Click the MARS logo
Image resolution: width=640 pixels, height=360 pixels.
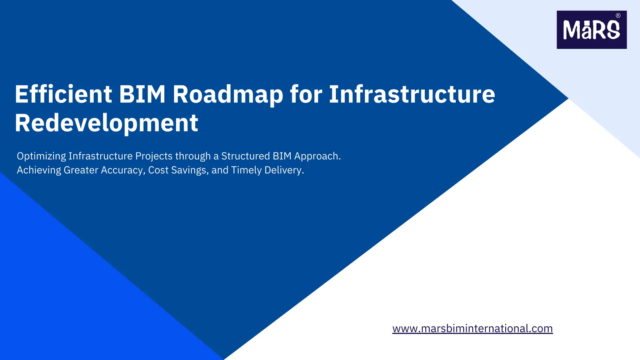(591, 30)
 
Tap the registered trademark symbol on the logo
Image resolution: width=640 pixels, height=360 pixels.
(618, 16)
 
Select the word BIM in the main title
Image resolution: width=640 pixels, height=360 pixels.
(142, 94)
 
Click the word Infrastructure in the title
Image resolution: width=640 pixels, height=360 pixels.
(412, 94)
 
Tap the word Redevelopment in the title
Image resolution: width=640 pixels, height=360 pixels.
(106, 123)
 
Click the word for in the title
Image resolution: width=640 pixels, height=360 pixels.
(306, 94)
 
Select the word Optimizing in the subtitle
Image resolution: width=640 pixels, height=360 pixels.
(41, 156)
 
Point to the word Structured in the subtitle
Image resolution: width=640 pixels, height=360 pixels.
(245, 156)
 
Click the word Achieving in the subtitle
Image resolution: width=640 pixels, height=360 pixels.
(39, 170)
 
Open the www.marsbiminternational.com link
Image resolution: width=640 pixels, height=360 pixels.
(472, 328)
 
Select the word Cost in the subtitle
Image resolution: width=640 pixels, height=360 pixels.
(158, 170)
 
